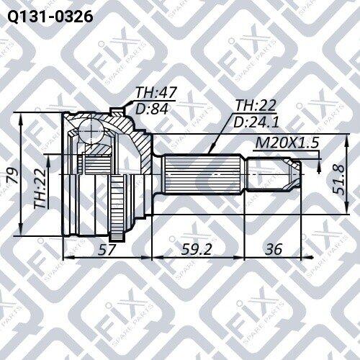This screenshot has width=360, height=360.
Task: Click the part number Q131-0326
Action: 50,17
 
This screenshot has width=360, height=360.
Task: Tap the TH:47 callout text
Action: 156,92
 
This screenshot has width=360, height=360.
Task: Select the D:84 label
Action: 152,109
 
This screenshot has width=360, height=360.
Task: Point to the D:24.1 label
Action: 256,122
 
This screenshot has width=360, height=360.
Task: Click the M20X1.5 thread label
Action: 287,143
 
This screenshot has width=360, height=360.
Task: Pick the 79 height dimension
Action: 13,176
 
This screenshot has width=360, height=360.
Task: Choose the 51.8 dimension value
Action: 338,179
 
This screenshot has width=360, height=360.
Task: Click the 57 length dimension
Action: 107,249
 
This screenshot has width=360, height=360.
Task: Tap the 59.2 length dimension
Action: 197,249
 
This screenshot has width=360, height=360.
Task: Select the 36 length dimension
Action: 274,249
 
